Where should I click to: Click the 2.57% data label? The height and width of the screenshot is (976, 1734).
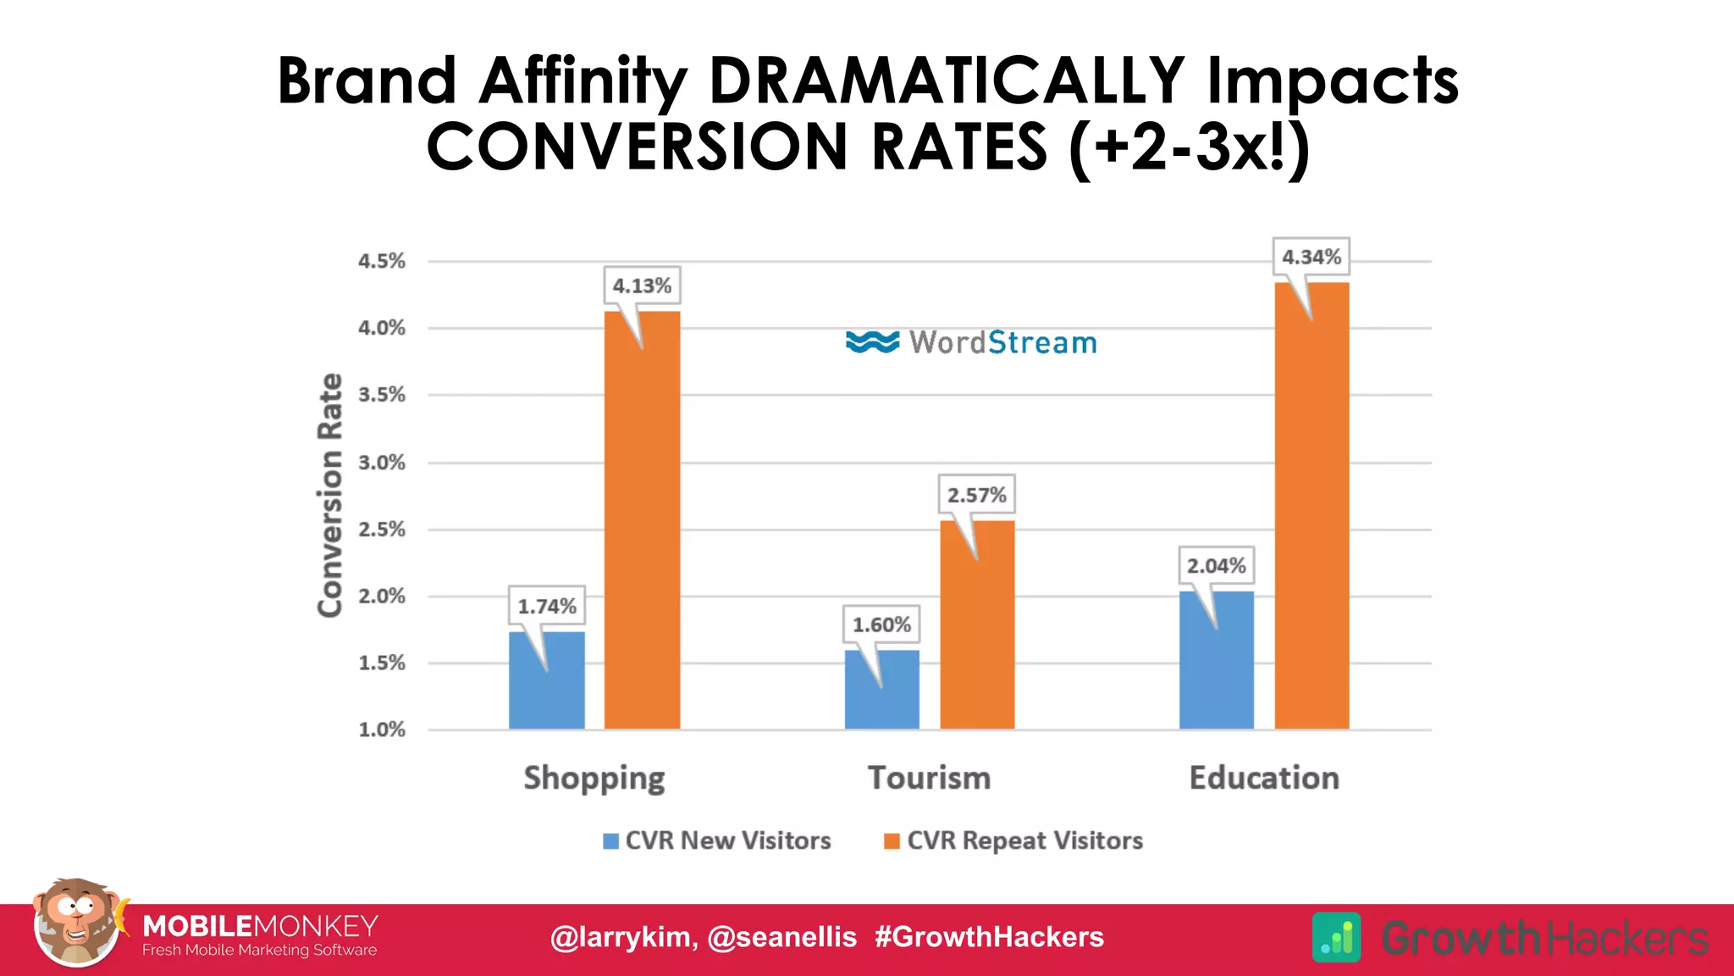point(976,495)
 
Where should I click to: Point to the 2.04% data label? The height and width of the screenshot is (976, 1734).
point(1216,566)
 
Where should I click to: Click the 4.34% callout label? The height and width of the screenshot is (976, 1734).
point(1311,257)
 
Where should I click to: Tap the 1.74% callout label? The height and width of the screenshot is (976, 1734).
point(546,607)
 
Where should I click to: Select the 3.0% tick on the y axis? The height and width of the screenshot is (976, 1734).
point(382,463)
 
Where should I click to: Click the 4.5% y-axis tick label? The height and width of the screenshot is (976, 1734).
point(382,261)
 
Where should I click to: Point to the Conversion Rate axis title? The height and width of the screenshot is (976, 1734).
point(330,496)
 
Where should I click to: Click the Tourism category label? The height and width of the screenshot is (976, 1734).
point(929,778)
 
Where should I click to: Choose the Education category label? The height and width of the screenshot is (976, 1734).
point(1264,778)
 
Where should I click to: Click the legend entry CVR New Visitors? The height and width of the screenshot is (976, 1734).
point(727,840)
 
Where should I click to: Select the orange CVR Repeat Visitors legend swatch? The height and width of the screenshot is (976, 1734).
point(891,840)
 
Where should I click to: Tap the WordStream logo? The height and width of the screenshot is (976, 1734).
point(971,342)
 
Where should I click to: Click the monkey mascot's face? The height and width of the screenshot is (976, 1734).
point(75,919)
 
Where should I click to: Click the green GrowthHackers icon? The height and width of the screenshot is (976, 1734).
point(1336,937)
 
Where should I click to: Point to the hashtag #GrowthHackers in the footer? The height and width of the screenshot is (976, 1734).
point(989,937)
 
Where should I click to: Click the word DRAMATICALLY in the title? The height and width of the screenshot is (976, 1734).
point(946,80)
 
